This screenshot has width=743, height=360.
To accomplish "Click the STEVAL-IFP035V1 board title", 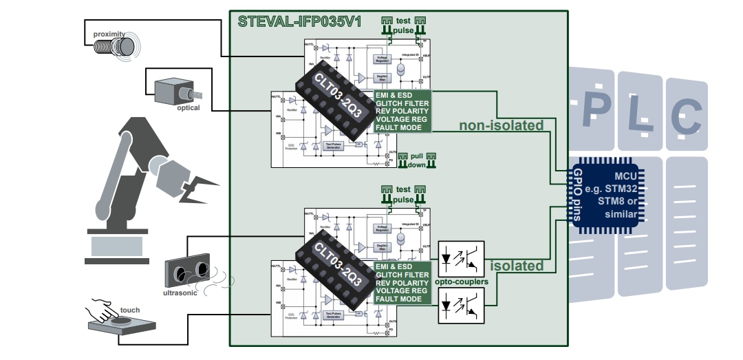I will pos(295,21).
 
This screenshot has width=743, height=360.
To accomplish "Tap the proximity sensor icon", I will pos(125,45).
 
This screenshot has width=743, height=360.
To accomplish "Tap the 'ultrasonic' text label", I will pos(180,293).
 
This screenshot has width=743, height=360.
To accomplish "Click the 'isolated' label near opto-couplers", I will pos(517,266).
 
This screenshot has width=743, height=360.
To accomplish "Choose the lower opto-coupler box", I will pos(461,305).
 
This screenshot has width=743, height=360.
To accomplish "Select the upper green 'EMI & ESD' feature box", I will pos(402,110).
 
